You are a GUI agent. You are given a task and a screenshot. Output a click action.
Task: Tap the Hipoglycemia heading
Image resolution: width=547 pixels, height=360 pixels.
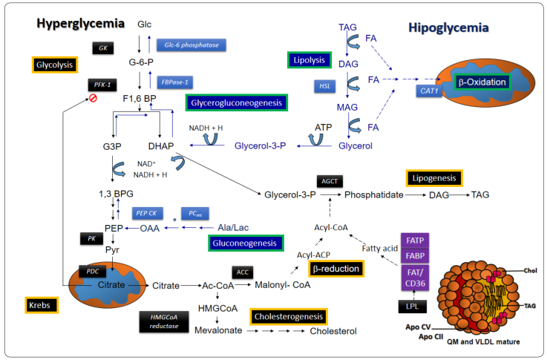tap(448, 28)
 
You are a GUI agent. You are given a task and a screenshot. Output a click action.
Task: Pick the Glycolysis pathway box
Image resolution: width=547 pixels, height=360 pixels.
tap(55, 65)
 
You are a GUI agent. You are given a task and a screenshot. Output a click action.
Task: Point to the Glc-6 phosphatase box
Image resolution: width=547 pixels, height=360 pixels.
tap(191, 45)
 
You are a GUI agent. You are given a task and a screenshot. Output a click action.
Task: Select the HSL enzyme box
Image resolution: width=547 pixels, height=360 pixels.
tap(326, 87)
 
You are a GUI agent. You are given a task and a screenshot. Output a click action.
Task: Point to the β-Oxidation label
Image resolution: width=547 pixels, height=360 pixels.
tap(483, 82)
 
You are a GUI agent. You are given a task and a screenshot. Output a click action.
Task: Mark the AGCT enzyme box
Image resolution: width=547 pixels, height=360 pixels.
tap(329, 181)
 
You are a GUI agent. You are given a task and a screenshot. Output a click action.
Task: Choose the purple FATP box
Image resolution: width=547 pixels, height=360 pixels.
tap(416, 240)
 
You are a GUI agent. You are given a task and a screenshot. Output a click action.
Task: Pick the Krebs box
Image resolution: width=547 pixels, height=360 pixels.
tap(39, 305)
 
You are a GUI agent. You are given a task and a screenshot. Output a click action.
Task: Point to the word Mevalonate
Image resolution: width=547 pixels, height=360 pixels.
tap(218, 331)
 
